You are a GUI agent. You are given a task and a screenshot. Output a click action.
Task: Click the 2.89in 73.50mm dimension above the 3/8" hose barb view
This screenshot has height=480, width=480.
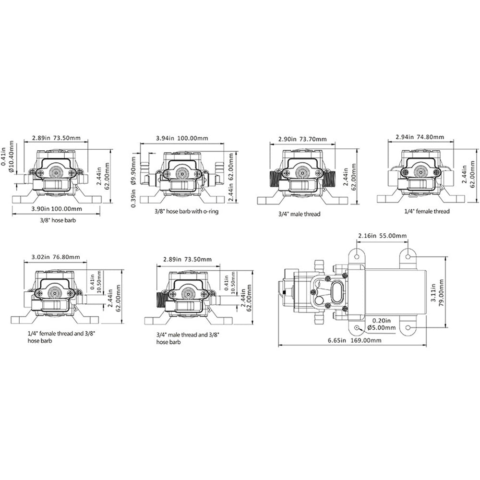tap(57, 138)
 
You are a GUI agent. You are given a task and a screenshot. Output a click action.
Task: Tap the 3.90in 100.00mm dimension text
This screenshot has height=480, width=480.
tap(57, 209)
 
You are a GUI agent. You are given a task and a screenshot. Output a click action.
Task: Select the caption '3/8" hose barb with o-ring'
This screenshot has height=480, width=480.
tap(186, 211)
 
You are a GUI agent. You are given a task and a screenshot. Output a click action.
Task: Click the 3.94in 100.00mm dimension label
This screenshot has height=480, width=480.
tap(182, 138)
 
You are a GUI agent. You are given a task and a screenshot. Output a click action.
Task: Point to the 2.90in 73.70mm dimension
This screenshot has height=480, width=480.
tap(302, 139)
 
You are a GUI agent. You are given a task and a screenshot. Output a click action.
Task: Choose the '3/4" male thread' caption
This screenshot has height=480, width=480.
tap(299, 214)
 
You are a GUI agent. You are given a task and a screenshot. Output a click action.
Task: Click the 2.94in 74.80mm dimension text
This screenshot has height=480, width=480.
tap(420, 137)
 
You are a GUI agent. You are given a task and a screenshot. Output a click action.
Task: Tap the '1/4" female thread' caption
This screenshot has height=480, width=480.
tap(427, 211)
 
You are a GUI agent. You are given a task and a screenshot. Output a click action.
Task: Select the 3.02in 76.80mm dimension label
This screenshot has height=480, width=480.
tap(56, 257)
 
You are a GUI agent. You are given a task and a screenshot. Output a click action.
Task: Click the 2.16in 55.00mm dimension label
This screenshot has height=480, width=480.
tap(383, 236)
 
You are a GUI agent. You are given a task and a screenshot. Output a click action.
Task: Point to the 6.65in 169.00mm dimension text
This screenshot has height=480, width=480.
tap(355, 340)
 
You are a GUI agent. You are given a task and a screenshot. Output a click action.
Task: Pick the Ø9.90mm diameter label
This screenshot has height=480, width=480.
tap(133, 171)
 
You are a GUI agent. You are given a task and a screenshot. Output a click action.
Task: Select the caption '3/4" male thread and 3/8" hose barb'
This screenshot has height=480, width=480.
tap(188, 338)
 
